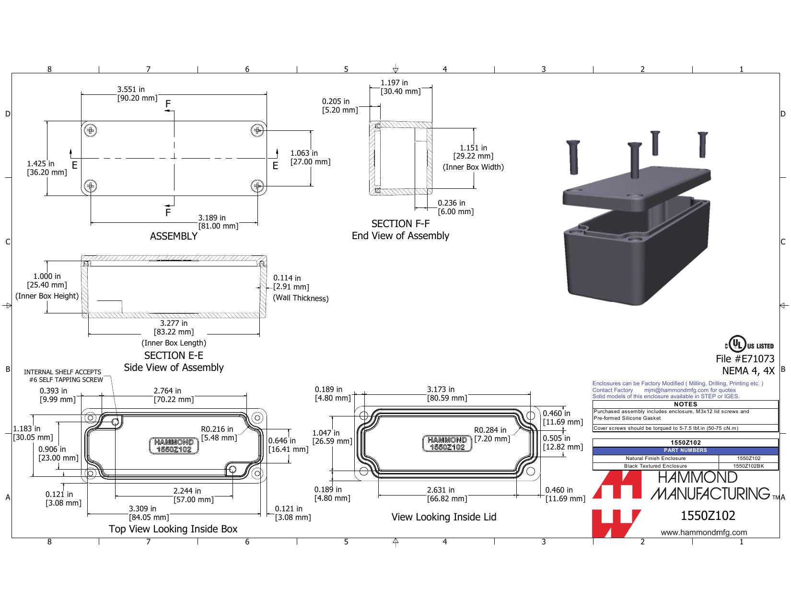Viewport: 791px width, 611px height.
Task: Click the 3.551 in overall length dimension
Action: (x=137, y=93)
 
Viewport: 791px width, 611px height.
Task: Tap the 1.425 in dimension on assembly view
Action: (x=47, y=168)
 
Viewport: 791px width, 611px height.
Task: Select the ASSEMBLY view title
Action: (x=174, y=236)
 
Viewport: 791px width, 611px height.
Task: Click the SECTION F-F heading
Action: (x=400, y=223)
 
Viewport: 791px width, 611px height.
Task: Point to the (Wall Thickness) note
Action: (x=301, y=298)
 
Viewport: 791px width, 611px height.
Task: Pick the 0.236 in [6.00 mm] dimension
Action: (x=455, y=207)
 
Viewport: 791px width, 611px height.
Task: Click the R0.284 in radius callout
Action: (x=492, y=434)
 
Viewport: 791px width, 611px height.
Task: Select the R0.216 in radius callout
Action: (x=219, y=433)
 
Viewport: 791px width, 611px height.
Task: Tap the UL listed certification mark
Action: (x=749, y=344)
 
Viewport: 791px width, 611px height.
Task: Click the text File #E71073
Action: (x=745, y=359)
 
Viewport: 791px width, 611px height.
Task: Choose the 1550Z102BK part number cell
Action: (x=748, y=466)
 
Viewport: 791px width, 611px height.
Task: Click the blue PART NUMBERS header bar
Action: (x=686, y=450)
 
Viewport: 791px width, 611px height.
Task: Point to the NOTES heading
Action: (x=686, y=404)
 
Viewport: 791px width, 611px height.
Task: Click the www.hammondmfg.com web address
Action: (x=704, y=532)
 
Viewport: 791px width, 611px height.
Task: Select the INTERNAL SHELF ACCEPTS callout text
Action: (x=63, y=372)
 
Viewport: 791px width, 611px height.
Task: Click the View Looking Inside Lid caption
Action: (x=444, y=517)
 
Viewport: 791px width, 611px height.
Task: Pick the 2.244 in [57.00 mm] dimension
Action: (x=193, y=495)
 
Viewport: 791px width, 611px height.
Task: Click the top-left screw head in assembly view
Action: (x=91, y=130)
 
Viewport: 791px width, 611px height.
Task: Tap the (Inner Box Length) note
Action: (x=174, y=343)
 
